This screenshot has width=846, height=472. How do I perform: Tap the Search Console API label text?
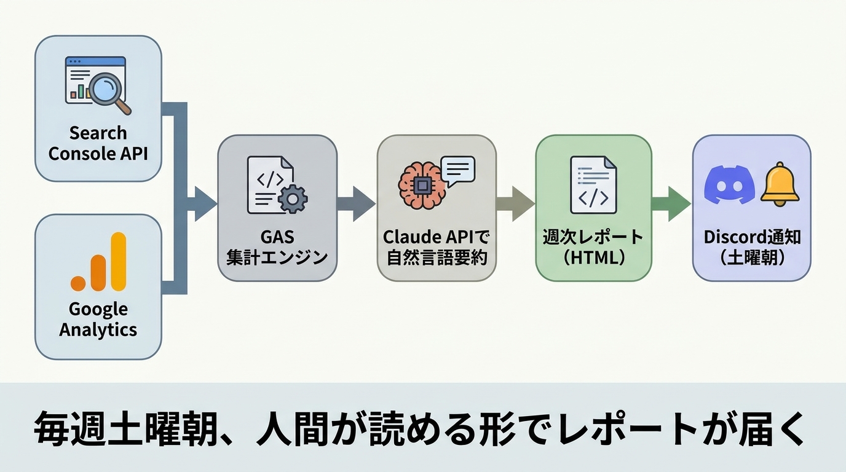(x=98, y=143)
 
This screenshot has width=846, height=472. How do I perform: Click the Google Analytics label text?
(x=98, y=319)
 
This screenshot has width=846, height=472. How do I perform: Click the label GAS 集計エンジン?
(x=277, y=247)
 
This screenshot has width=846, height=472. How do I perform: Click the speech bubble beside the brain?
(x=458, y=170)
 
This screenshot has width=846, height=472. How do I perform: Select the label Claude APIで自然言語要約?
(x=437, y=247)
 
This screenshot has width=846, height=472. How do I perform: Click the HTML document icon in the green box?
(x=593, y=184)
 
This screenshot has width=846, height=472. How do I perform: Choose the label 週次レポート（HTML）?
(x=593, y=247)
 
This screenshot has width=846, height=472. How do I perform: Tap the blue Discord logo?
(x=729, y=184)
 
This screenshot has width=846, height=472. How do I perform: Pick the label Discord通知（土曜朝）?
(x=752, y=247)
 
